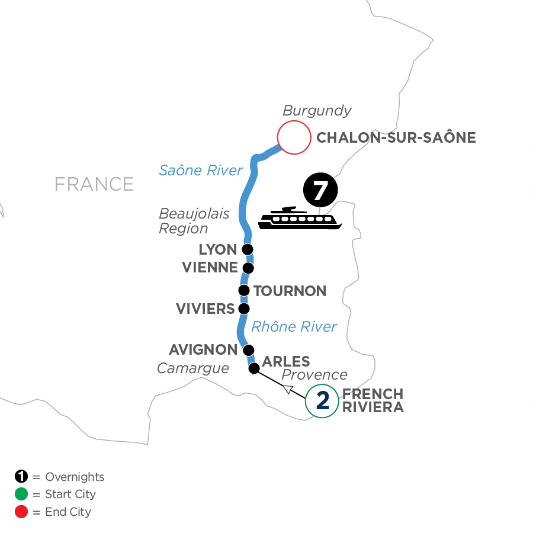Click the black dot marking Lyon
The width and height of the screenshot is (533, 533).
(248, 249)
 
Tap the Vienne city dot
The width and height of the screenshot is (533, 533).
(249, 268)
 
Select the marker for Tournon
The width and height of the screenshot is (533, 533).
(243, 290)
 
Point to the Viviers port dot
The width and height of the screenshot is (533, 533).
(243, 309)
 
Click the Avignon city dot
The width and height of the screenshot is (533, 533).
(248, 349)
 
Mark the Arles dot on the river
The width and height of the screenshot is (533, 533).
(254, 368)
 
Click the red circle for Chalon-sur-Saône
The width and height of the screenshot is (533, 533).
(294, 138)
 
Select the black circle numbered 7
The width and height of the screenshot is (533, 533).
(320, 191)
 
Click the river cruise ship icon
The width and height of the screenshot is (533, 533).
(300, 220)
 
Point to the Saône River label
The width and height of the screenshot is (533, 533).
(201, 171)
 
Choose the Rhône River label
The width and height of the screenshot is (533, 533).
(294, 326)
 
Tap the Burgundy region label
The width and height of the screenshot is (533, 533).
(317, 111)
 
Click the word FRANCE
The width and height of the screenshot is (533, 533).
(94, 184)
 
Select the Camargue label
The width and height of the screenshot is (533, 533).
(192, 368)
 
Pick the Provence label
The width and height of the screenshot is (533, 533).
(314, 374)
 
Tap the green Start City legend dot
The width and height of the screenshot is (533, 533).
(21, 494)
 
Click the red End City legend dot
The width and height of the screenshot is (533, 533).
(21, 511)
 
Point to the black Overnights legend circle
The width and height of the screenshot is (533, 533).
(21, 477)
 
